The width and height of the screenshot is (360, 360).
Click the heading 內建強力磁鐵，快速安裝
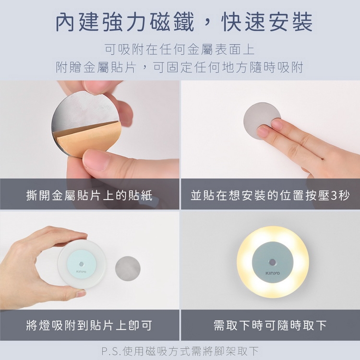[184, 22]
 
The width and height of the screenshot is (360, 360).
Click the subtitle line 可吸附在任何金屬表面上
[180, 49]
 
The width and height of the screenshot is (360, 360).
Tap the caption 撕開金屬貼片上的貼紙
[89, 195]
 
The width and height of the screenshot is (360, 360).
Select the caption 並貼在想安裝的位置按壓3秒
[270, 195]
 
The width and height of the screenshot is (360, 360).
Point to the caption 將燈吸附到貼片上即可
[89, 325]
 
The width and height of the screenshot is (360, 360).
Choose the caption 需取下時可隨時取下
[270, 325]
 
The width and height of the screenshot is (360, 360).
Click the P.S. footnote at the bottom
[180, 351]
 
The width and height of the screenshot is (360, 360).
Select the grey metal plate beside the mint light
[128, 268]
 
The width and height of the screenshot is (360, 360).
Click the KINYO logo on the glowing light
[273, 273]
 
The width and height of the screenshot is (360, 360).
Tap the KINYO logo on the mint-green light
[81, 272]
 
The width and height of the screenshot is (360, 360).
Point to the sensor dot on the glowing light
[272, 262]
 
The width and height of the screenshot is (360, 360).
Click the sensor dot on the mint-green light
[81, 264]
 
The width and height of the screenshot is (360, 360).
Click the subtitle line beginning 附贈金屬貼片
[180, 67]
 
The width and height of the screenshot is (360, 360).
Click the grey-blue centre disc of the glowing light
[273, 262]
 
